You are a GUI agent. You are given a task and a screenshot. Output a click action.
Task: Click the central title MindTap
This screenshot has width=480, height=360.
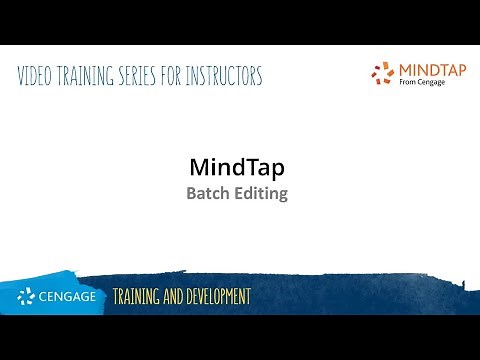point(238,167)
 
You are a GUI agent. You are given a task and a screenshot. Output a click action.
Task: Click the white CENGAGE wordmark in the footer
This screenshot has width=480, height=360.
point(69,297)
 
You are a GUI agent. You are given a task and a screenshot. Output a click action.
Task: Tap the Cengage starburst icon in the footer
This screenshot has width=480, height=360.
point(27,297)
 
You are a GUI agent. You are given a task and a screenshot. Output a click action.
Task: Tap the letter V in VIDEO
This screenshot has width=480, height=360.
point(22,76)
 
